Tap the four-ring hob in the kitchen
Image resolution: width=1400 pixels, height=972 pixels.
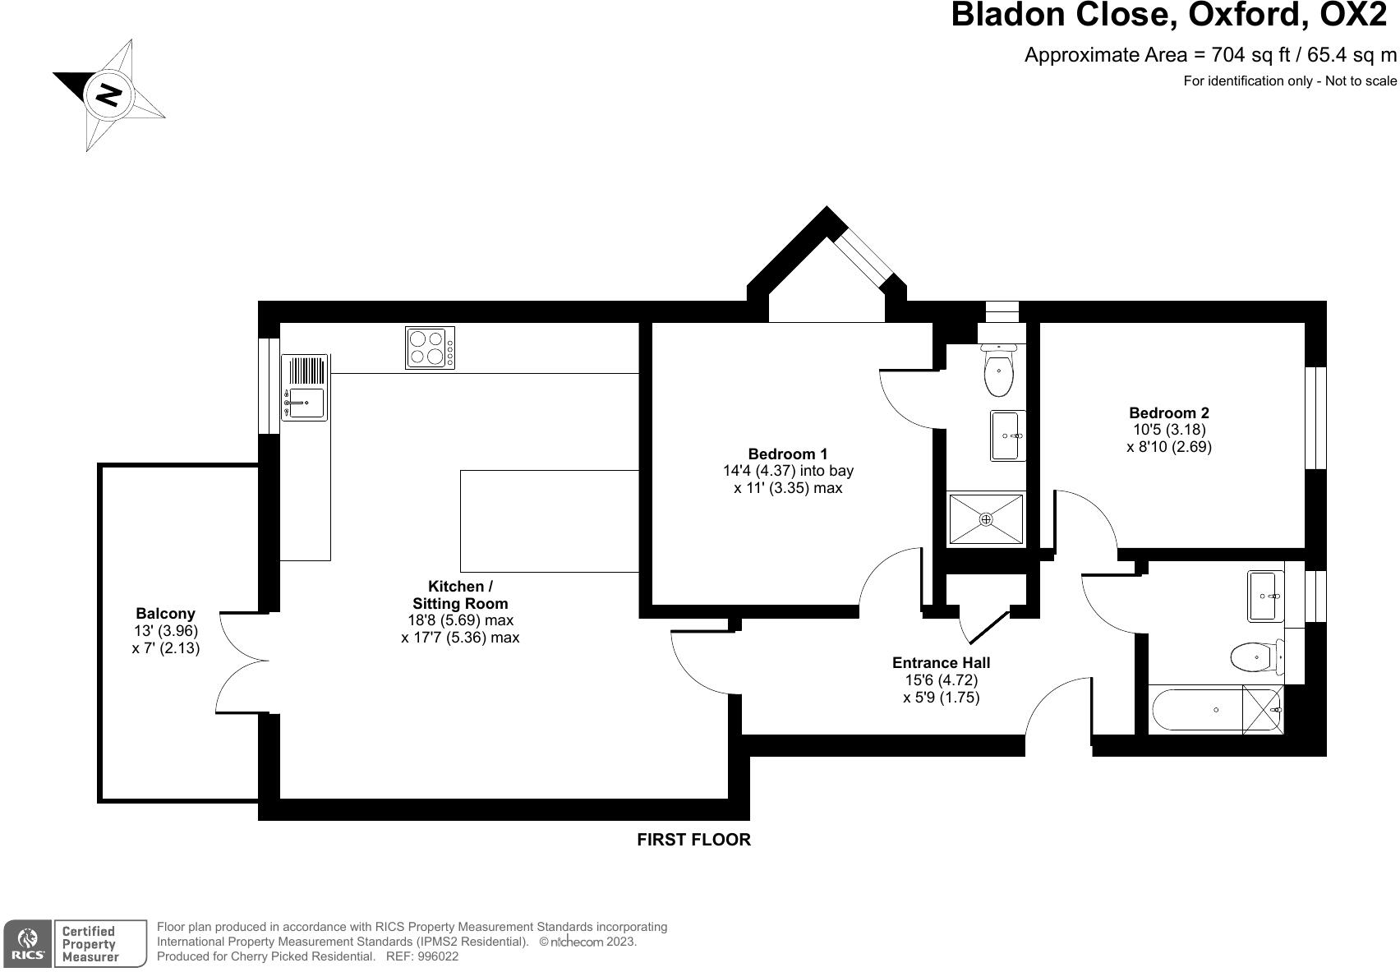430,347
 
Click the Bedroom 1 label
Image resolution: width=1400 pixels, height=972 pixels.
787,454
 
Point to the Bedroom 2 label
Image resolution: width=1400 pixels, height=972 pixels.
1168,412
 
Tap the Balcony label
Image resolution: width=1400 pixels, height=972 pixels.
165,613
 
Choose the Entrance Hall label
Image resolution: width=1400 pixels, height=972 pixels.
941,662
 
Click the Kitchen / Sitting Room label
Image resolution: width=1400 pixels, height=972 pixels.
460,594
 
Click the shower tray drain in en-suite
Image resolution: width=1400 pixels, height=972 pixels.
986,519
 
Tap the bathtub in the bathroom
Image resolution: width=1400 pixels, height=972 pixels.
1195,710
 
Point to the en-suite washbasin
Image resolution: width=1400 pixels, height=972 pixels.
1007,435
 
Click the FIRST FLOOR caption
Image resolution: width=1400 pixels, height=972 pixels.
693,840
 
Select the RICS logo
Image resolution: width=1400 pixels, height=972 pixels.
28,943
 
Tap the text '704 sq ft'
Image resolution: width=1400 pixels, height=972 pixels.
1246,55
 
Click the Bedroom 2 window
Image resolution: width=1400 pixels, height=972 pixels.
1315,417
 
